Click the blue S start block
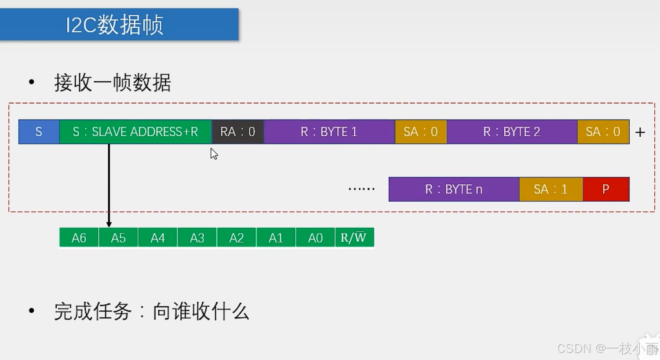coord(39,132)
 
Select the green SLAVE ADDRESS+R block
coord(135,132)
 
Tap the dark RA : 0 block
coord(238,132)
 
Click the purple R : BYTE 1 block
coord(329,132)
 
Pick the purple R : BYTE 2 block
coord(512,132)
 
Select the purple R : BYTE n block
coord(454,189)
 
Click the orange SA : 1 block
coord(551,189)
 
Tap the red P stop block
coord(606,189)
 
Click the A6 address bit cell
coord(79,238)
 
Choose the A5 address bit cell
coord(118,238)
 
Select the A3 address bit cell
coord(197,238)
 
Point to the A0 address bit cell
coord(315,238)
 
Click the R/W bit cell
coord(354,238)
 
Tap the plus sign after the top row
coord(640,132)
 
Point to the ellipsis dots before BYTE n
coord(361,189)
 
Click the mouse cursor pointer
coord(214,153)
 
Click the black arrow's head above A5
coord(109,224)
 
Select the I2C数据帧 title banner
coord(119,25)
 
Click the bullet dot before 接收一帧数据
coord(31,82)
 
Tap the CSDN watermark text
coord(607,349)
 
